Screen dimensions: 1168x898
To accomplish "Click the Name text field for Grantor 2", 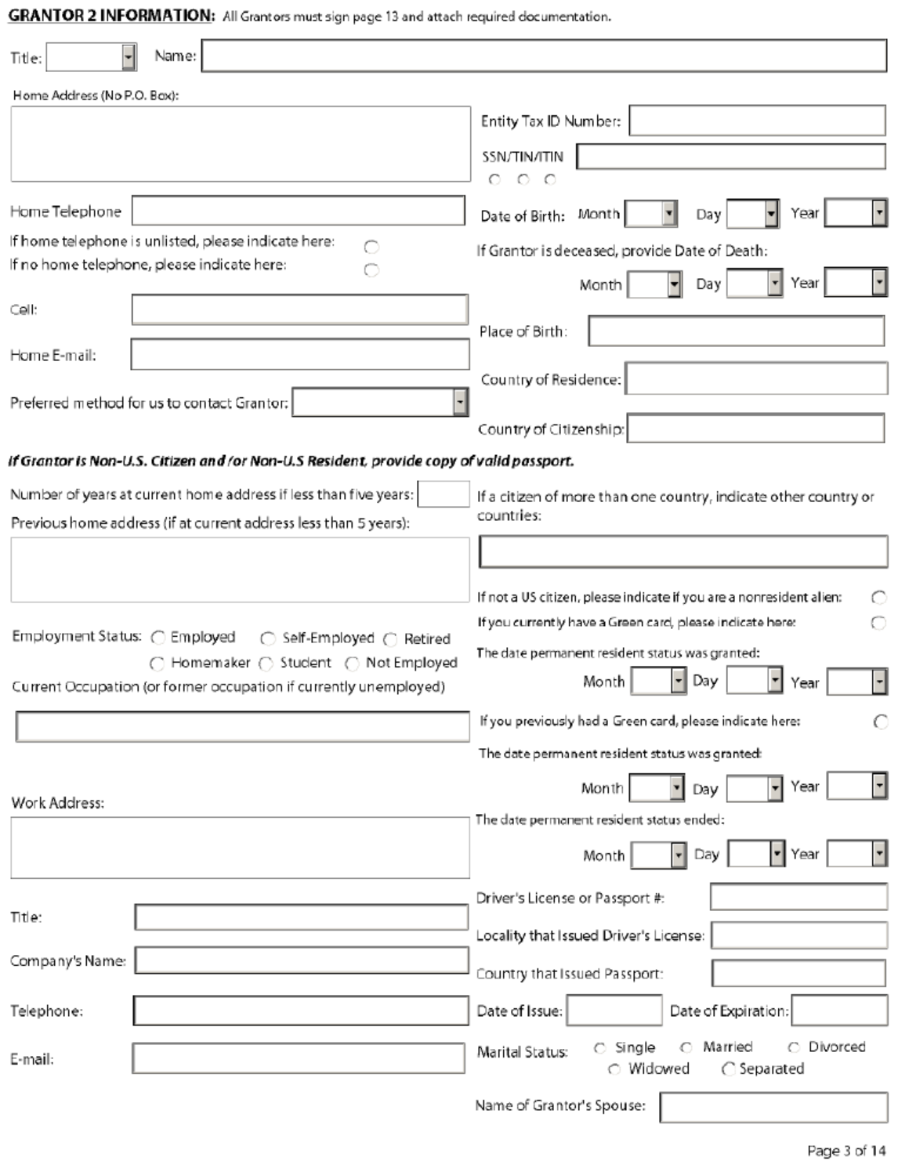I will (544, 56).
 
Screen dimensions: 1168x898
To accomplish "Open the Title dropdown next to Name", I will (129, 57).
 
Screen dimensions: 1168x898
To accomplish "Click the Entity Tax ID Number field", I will (757, 121).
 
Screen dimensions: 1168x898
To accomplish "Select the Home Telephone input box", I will (298, 211).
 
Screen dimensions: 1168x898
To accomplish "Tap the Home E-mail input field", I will (299, 355).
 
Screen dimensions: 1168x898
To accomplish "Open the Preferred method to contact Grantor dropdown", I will (460, 403).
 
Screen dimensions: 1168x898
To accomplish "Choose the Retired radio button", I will (390, 639).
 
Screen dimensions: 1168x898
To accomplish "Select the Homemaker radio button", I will (157, 664).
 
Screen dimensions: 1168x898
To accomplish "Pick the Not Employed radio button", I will (352, 664).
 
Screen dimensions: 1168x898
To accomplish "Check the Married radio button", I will (686, 1047).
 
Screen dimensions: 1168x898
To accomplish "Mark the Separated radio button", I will (728, 1069).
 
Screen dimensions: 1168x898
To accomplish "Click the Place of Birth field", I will (736, 331).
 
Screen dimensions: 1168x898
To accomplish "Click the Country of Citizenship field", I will (755, 429).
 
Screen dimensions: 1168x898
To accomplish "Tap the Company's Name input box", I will (301, 960).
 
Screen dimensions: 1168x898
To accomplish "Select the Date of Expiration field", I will (838, 1011).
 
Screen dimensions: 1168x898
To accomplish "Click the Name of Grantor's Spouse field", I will (773, 1107).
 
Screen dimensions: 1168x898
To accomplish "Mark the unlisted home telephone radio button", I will (371, 247).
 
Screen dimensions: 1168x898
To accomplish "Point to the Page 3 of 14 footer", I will (845, 1151).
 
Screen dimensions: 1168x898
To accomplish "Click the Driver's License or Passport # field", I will (798, 897).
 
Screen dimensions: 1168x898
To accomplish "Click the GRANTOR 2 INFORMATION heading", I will (110, 16).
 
